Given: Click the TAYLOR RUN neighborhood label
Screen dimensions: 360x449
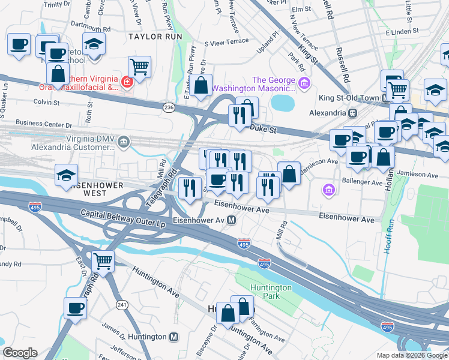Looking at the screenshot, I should pyautogui.click(x=155, y=37).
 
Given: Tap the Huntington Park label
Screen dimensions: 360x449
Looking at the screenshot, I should pyautogui.click(x=271, y=292).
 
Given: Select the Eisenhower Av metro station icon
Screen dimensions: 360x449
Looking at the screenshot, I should pyautogui.click(x=231, y=220).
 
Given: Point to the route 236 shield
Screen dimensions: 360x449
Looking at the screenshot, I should pyautogui.click(x=168, y=107).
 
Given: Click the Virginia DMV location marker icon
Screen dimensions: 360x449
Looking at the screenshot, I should pyautogui.click(x=124, y=142).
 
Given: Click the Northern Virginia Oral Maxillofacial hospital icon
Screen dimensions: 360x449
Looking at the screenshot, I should pyautogui.click(x=127, y=82).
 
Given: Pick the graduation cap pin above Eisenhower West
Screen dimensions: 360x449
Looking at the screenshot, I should pyautogui.click(x=66, y=175).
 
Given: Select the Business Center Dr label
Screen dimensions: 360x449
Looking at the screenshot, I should pyautogui.click(x=44, y=124).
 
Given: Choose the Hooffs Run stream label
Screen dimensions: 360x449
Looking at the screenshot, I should pyautogui.click(x=390, y=237).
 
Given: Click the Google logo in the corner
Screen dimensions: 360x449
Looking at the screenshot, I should pyautogui.click(x=20, y=353).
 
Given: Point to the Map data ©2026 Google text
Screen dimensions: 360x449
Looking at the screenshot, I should pyautogui.click(x=411, y=355).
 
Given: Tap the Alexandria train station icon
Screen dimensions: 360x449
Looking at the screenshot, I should pyautogui.click(x=353, y=113).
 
